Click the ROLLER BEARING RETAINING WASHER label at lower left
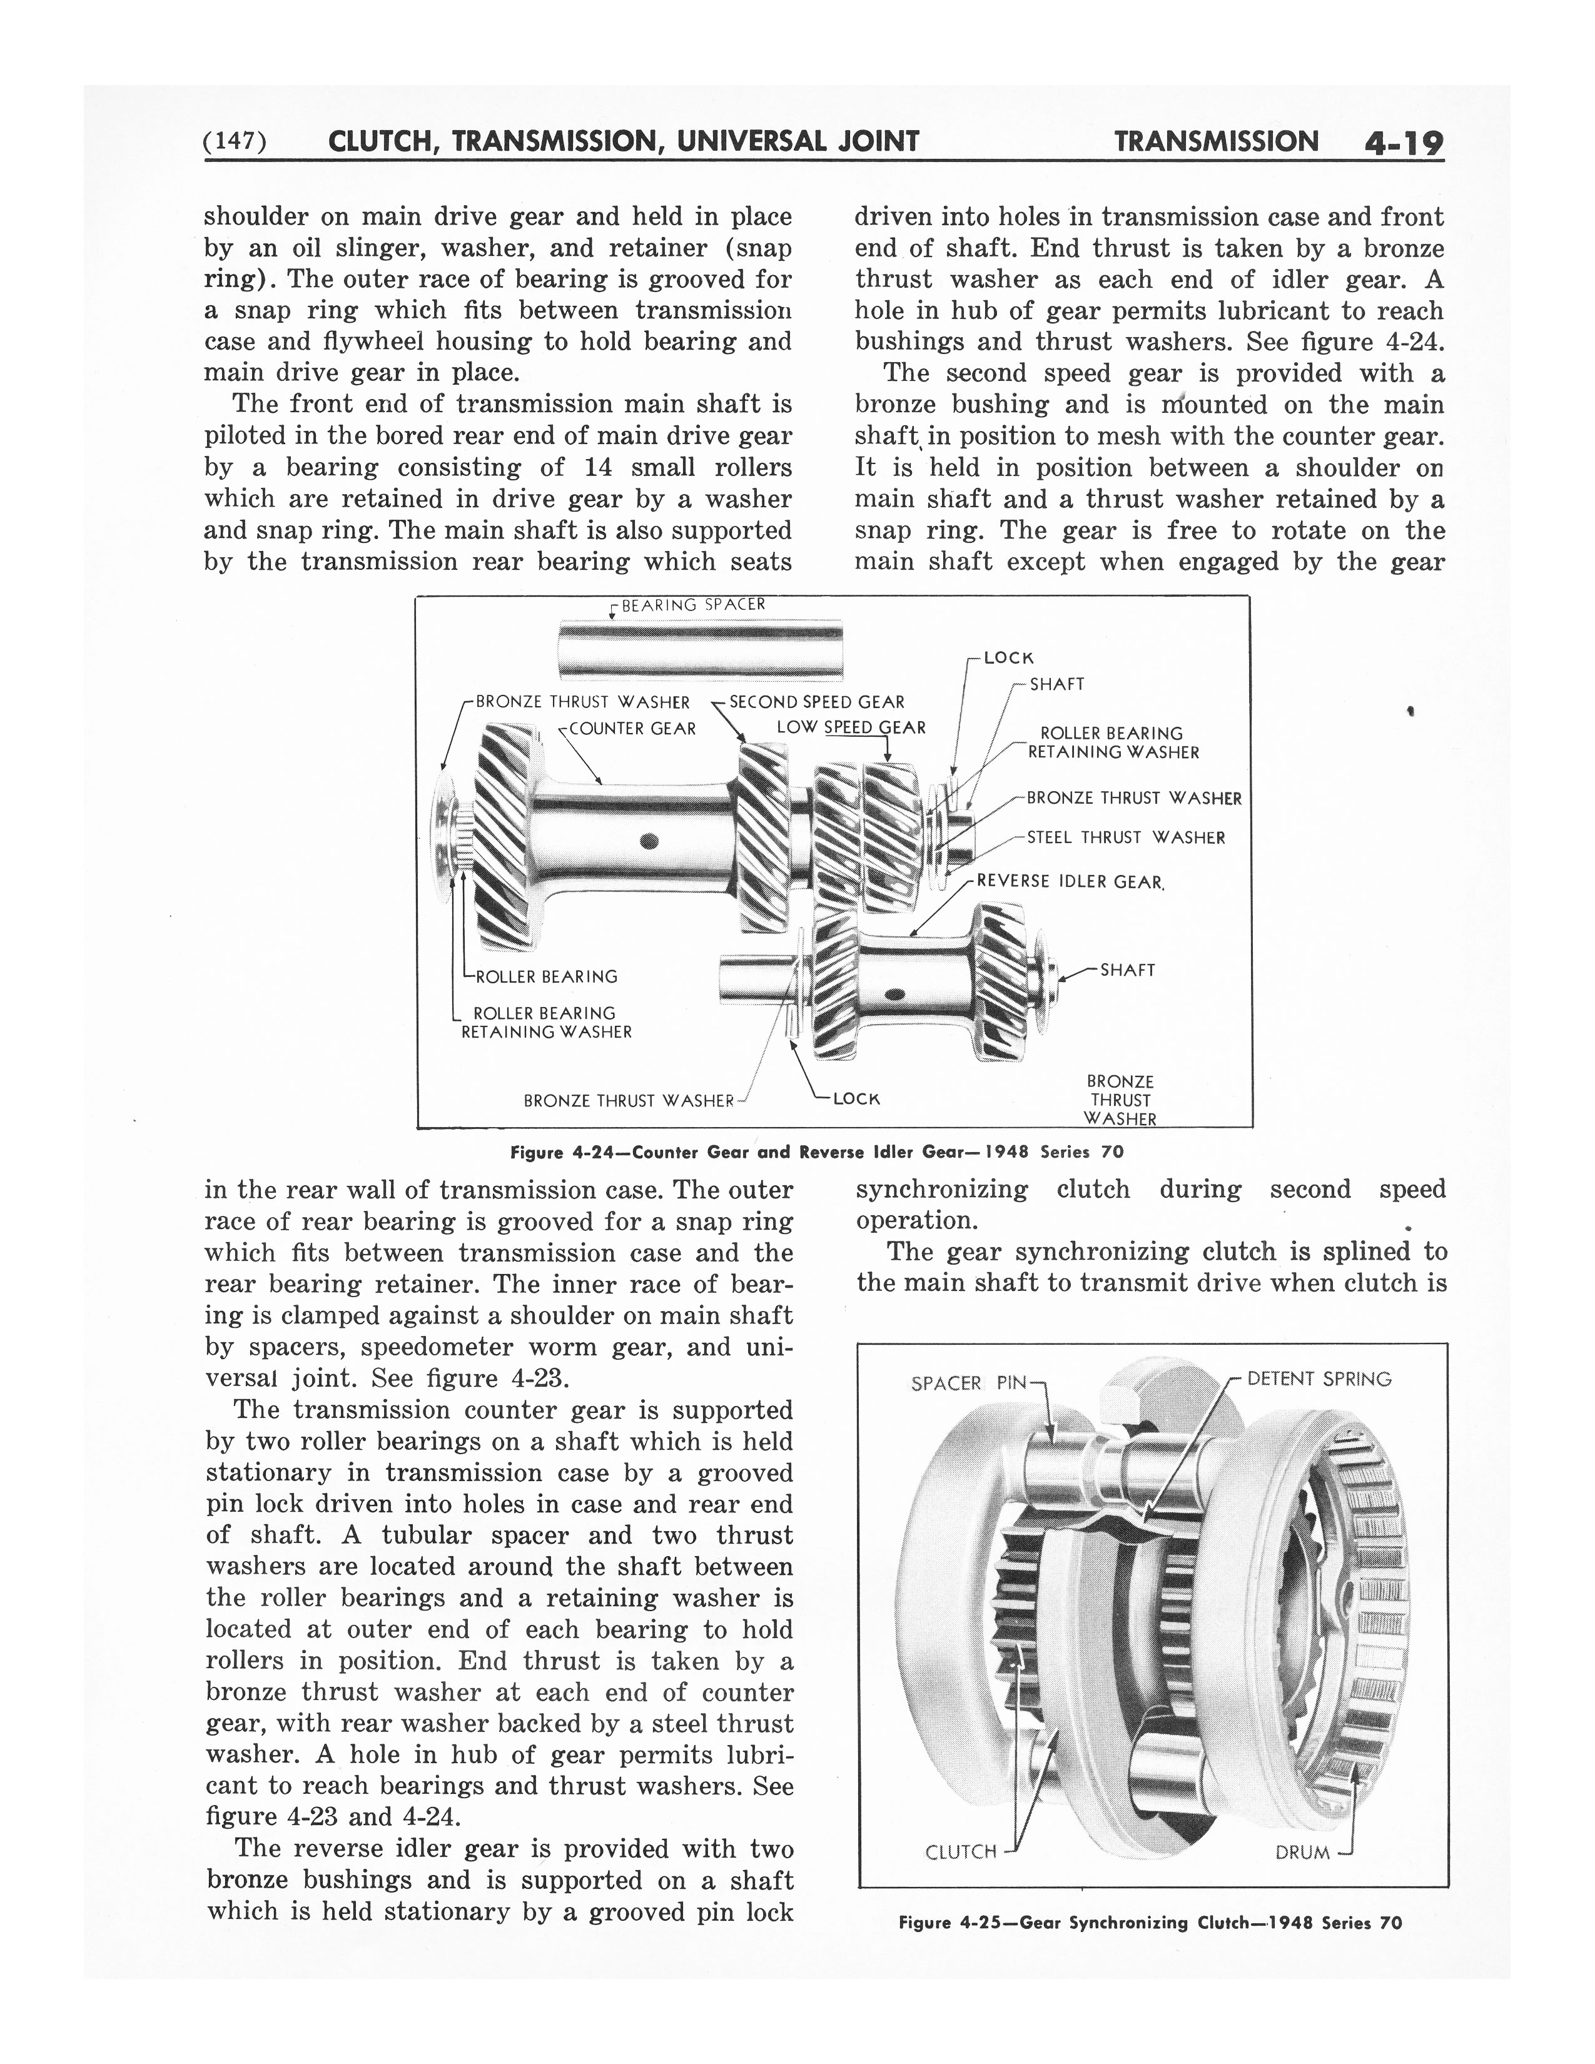coord(545,1023)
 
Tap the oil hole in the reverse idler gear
coord(895,993)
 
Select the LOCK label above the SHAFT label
coord(1009,658)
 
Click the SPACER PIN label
coord(970,1384)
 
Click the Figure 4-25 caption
coord(1150,1923)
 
